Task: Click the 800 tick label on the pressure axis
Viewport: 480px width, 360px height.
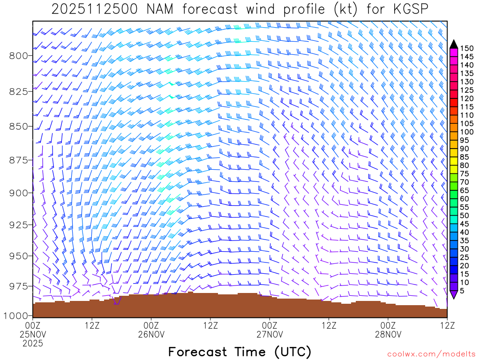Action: [18, 56]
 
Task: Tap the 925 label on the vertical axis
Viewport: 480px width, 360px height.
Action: [18, 225]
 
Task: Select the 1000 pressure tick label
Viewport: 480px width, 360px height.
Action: [15, 315]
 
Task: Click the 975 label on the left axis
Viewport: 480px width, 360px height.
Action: [18, 286]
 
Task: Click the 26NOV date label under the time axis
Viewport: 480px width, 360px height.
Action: [151, 335]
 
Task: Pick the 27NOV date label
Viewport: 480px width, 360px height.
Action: [270, 335]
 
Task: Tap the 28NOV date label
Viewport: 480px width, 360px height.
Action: [388, 335]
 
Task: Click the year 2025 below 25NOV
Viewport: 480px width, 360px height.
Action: [33, 344]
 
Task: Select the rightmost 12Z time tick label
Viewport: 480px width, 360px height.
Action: [447, 325]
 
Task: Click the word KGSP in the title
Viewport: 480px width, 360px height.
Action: [410, 9]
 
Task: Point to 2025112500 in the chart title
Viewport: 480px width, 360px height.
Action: [89, 9]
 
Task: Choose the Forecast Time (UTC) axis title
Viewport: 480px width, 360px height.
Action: [240, 352]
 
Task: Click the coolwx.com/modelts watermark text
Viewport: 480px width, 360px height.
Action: [431, 354]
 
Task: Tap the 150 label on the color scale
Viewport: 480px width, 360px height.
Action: [467, 48]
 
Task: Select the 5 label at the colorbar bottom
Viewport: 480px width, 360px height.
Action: [462, 291]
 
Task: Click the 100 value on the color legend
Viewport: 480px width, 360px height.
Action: [467, 132]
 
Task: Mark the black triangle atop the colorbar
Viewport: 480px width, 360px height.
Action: [453, 44]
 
